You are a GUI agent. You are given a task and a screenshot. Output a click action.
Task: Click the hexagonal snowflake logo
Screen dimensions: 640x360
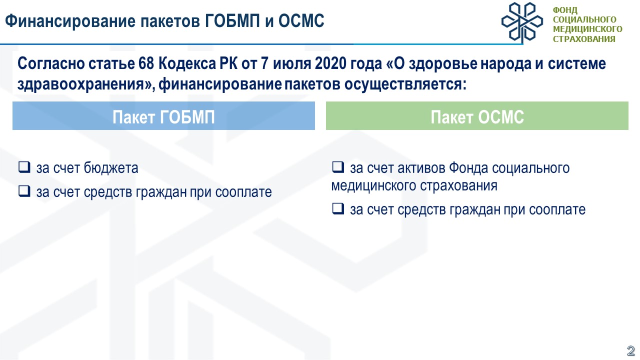(522, 22)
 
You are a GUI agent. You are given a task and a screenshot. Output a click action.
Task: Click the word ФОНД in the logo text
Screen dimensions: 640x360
(565, 10)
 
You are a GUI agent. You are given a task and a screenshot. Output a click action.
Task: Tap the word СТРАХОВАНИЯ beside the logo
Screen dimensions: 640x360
(584, 39)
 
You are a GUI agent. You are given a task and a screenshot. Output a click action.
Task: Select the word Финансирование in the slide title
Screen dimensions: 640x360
(70, 21)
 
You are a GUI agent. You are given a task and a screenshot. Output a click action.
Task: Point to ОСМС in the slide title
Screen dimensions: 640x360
(301, 21)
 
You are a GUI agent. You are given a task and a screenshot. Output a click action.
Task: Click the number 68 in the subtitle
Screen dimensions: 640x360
(146, 63)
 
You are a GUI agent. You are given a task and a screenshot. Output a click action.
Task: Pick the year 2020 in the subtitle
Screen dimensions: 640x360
(330, 63)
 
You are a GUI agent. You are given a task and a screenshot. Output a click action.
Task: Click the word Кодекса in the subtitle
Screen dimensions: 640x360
(187, 63)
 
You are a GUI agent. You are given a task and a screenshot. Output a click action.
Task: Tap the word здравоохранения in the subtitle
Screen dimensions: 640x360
(80, 84)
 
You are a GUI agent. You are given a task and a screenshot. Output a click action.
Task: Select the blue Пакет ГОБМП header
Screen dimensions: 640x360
(163, 115)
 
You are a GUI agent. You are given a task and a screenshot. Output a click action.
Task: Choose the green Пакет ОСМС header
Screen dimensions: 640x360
(477, 115)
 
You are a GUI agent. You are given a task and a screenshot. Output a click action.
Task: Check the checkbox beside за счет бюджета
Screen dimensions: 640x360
(24, 167)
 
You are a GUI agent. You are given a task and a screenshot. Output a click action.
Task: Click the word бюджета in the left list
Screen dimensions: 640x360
(111, 168)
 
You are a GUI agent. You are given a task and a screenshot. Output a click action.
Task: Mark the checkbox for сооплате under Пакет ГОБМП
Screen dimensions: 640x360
(24, 191)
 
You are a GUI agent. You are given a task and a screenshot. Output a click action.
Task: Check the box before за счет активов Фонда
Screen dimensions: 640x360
(338, 167)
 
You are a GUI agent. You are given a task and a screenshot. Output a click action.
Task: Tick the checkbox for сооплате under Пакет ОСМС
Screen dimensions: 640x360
(338, 208)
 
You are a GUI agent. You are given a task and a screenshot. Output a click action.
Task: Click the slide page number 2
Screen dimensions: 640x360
(630, 350)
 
